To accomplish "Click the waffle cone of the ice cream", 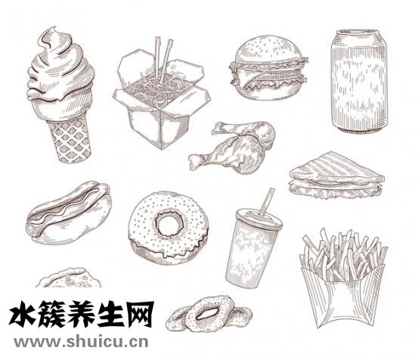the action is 70,140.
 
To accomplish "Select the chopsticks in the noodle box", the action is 163,59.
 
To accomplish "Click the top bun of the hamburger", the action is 269,51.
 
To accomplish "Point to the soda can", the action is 359,81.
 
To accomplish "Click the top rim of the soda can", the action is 358,33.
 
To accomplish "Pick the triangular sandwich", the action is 336,175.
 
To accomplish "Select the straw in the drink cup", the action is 267,202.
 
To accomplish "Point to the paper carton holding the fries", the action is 342,296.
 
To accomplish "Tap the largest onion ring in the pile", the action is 209,313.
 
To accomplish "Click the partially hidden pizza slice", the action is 69,278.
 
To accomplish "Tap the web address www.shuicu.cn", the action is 81,342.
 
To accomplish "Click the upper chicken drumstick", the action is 245,131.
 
